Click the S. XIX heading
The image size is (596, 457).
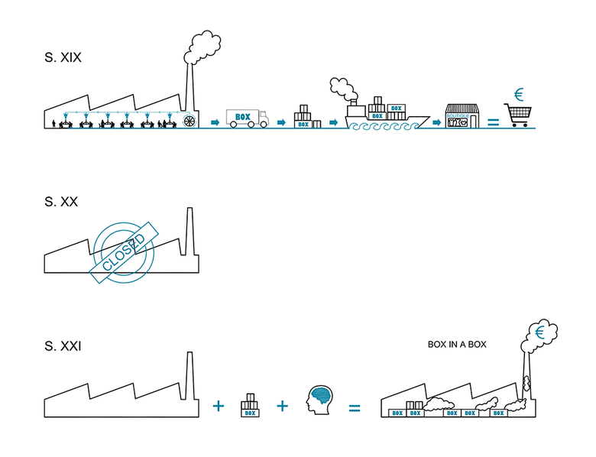pyautogui.click(x=63, y=57)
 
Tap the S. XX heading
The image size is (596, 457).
pyautogui.click(x=61, y=202)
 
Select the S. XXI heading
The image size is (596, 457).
pyautogui.click(x=63, y=346)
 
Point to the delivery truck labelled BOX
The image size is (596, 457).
pyautogui.click(x=247, y=118)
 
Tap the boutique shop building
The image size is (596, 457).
pyautogui.click(x=462, y=116)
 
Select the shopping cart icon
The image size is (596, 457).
pyautogui.click(x=517, y=115)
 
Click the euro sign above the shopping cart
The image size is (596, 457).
pyautogui.click(x=519, y=95)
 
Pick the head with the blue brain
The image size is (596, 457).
pyautogui.click(x=319, y=398)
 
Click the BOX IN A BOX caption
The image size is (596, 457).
pyautogui.click(x=457, y=345)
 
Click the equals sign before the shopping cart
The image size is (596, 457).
pyautogui.click(x=493, y=122)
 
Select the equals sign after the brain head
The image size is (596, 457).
pyautogui.click(x=354, y=407)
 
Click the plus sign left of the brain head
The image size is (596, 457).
pyautogui.click(x=282, y=406)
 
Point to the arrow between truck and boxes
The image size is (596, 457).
pyautogui.click(x=281, y=122)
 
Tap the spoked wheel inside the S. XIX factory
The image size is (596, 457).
pyautogui.click(x=189, y=121)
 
